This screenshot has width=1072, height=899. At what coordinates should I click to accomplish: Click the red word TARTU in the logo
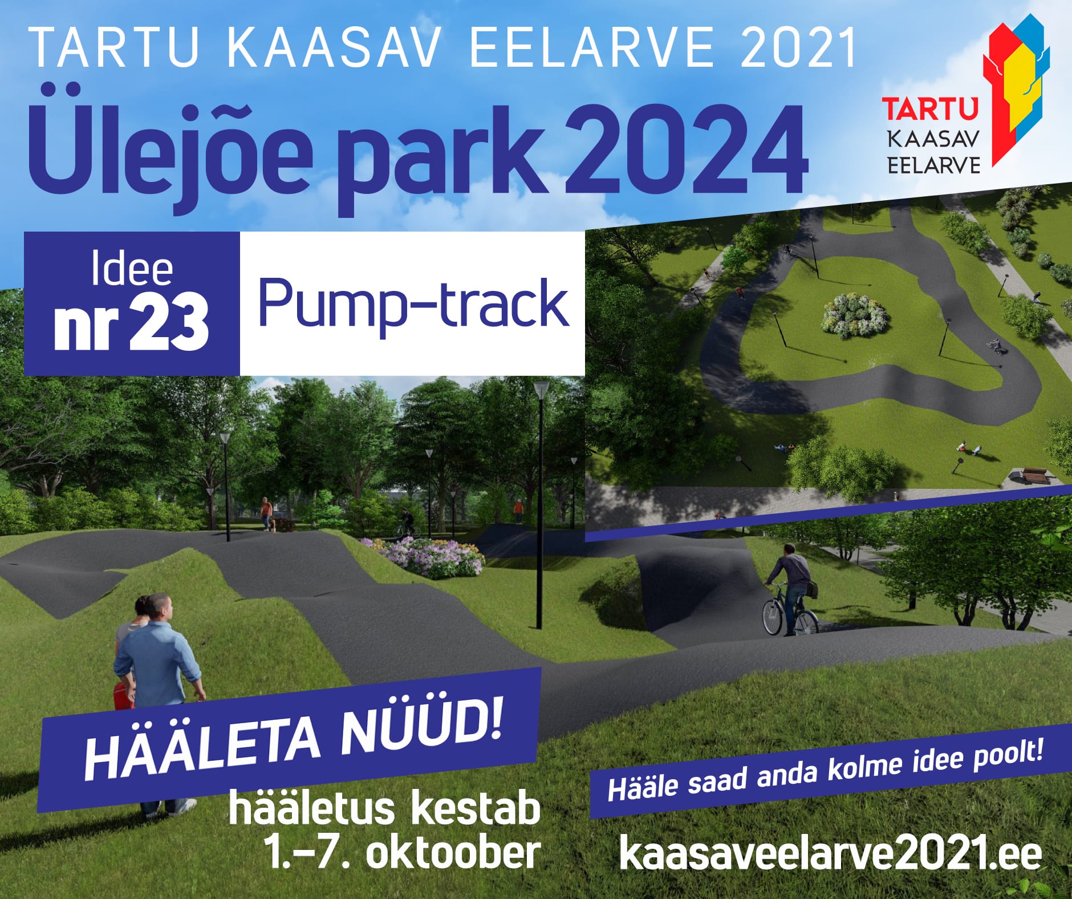[930, 109]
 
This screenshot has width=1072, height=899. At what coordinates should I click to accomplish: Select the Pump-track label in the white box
[414, 303]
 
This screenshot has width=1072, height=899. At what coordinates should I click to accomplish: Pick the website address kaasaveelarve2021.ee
[830, 854]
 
